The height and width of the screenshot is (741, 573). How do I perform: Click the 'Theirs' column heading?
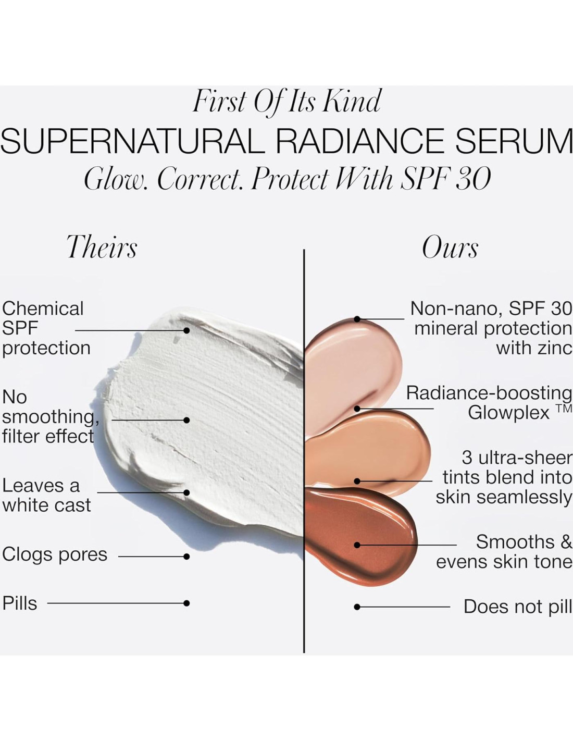point(102,246)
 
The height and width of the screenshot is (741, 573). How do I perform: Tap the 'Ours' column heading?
point(450,247)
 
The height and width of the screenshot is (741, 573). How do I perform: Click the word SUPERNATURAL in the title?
point(133,141)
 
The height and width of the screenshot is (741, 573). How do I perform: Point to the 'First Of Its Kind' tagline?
point(286,101)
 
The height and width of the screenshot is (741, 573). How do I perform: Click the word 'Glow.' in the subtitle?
point(116,179)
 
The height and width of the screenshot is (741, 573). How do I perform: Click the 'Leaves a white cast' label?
point(46,496)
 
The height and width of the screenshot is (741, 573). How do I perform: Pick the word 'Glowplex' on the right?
point(508,413)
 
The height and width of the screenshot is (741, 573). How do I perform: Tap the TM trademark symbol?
point(564,408)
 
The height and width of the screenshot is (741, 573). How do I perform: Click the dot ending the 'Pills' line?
point(186,603)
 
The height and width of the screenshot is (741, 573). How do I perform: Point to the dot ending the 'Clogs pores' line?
point(186,557)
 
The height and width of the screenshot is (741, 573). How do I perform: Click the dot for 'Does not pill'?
point(357,607)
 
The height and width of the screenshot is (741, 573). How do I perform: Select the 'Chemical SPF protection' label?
point(46,328)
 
